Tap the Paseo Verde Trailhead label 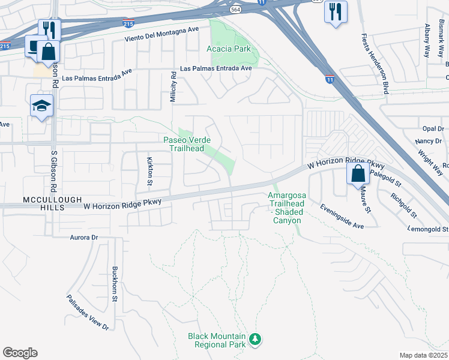click(x=187, y=144)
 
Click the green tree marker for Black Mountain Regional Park click(x=256, y=340)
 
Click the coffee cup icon click(x=32, y=46)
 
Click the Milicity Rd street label click(x=173, y=87)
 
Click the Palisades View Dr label click(x=88, y=312)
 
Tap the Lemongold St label click(x=429, y=229)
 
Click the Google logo click(x=20, y=352)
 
